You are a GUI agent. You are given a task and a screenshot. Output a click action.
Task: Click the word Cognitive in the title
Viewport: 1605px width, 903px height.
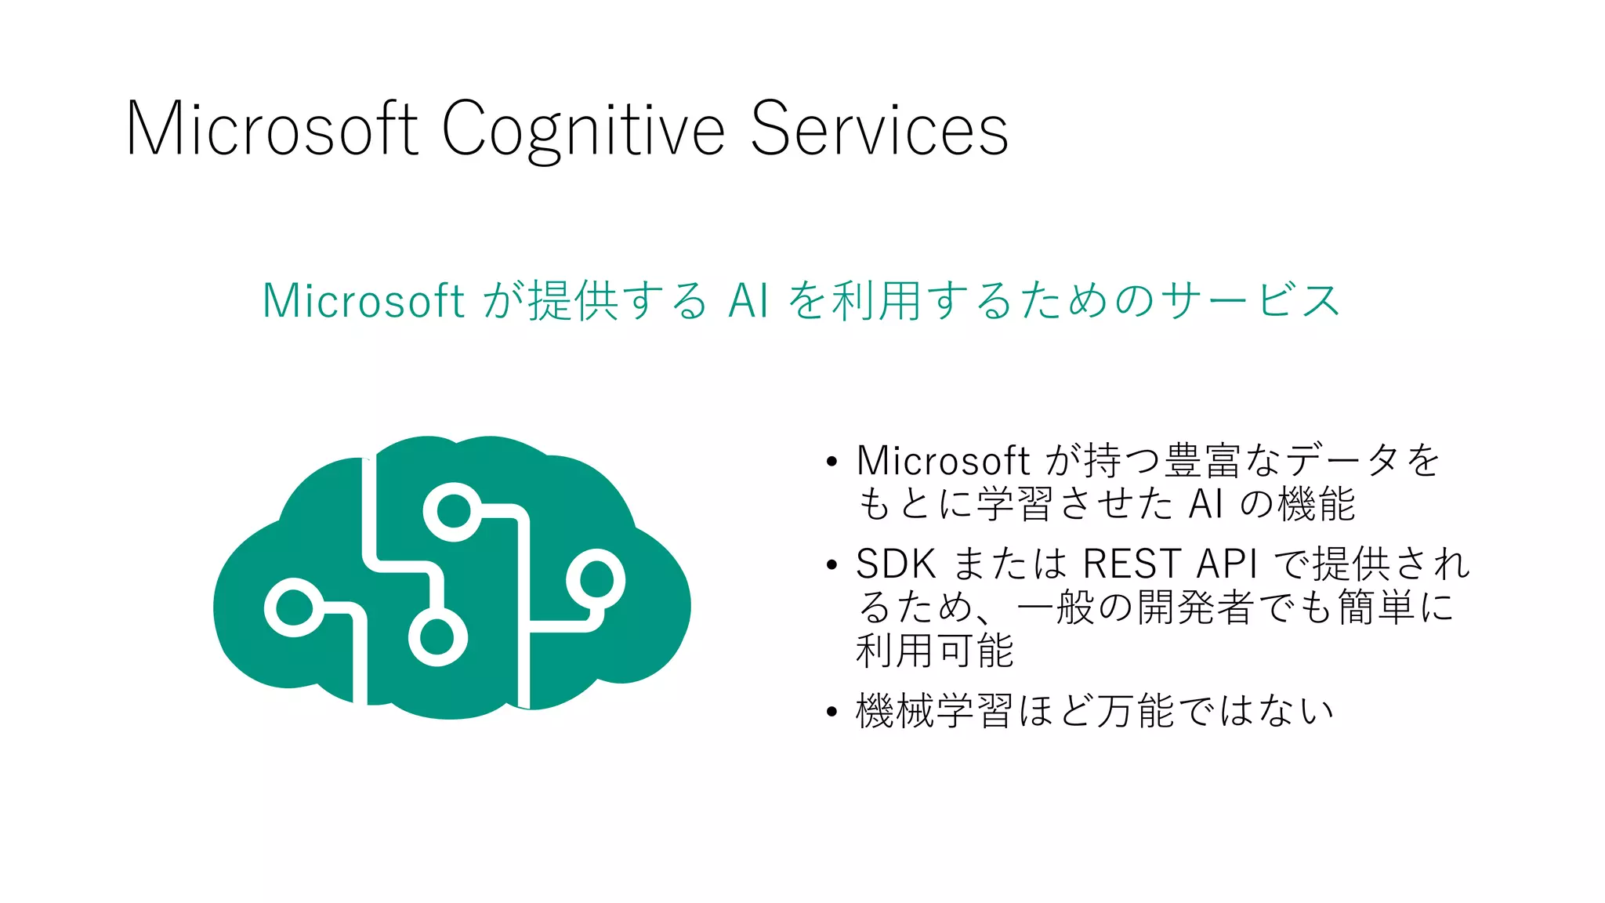tap(583, 129)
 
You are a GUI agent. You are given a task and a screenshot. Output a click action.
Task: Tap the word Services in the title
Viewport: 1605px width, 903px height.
tap(879, 129)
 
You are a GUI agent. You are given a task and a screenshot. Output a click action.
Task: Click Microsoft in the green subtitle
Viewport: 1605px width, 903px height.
tap(364, 301)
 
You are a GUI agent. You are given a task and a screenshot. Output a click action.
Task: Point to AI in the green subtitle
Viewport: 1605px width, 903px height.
tap(748, 301)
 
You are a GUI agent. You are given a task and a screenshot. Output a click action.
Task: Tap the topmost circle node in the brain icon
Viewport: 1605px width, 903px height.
tap(452, 513)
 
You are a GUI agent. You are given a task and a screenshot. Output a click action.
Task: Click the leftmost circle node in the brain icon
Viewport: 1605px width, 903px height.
tap(293, 607)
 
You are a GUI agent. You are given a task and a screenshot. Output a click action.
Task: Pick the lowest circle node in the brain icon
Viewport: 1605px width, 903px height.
tap(437, 636)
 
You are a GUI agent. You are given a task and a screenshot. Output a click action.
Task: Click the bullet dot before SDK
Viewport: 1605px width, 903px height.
tap(831, 564)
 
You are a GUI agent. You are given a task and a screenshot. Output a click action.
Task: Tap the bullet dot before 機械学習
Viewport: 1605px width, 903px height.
tap(831, 713)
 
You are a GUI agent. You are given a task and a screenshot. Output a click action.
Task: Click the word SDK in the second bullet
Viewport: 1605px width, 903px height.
tap(896, 564)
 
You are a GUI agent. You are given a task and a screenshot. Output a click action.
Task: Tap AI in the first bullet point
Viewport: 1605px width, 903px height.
tap(1205, 504)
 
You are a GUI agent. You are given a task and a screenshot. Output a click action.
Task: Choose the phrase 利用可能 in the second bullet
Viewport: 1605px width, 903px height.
tap(935, 651)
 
